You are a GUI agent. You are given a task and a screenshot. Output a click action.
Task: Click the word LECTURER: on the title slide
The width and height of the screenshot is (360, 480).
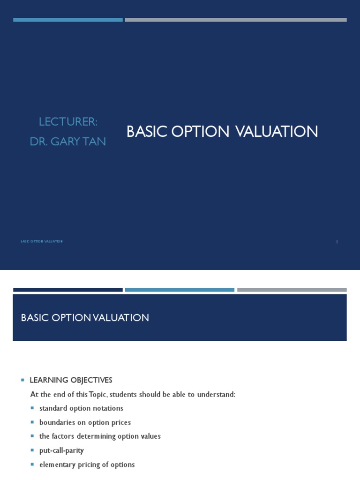(x=68, y=122)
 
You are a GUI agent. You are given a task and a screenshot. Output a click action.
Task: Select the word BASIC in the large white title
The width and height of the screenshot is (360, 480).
(x=147, y=132)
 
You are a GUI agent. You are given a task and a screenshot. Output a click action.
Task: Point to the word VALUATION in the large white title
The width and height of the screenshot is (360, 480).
(x=277, y=132)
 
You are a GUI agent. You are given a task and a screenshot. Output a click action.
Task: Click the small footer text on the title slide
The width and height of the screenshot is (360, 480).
(x=42, y=241)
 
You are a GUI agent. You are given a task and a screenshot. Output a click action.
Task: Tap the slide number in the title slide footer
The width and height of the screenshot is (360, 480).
(x=337, y=241)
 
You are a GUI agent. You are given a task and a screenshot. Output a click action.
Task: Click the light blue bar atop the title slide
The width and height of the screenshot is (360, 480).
(x=68, y=20)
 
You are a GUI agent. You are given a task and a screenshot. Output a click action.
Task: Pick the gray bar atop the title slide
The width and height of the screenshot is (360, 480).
(x=236, y=20)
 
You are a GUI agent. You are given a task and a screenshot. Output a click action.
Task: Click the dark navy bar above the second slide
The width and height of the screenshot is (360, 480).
(x=68, y=290)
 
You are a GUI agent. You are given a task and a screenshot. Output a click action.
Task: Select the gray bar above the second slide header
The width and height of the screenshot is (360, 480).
(x=292, y=290)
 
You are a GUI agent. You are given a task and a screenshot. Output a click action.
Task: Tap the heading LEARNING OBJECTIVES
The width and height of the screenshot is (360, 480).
(x=71, y=380)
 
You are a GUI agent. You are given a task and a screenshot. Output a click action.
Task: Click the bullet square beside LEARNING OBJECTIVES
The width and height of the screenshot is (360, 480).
(x=22, y=380)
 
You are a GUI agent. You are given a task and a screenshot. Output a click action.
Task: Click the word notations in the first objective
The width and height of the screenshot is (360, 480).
(x=107, y=408)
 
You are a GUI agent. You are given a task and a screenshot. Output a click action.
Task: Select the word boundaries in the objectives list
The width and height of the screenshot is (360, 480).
(x=58, y=422)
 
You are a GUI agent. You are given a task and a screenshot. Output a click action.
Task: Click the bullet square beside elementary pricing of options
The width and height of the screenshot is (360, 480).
(x=32, y=465)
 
